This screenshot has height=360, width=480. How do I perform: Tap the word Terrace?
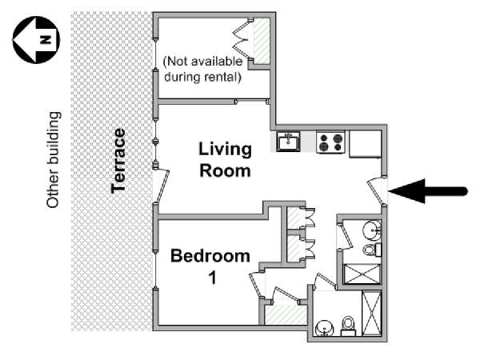[119, 160]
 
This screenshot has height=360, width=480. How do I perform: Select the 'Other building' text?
[54, 160]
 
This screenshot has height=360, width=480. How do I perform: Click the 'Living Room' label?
[225, 159]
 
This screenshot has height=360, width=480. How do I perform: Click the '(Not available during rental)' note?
[202, 70]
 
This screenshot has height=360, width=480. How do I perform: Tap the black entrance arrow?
[433, 190]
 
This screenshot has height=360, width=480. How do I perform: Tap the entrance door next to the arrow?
[376, 190]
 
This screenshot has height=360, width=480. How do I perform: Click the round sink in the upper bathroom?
[371, 231]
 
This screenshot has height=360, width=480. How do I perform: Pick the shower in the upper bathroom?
[362, 274]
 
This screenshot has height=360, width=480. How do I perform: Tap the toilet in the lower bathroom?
[348, 325]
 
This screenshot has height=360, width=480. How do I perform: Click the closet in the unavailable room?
[258, 41]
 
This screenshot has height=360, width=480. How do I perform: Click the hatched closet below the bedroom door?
[284, 314]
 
